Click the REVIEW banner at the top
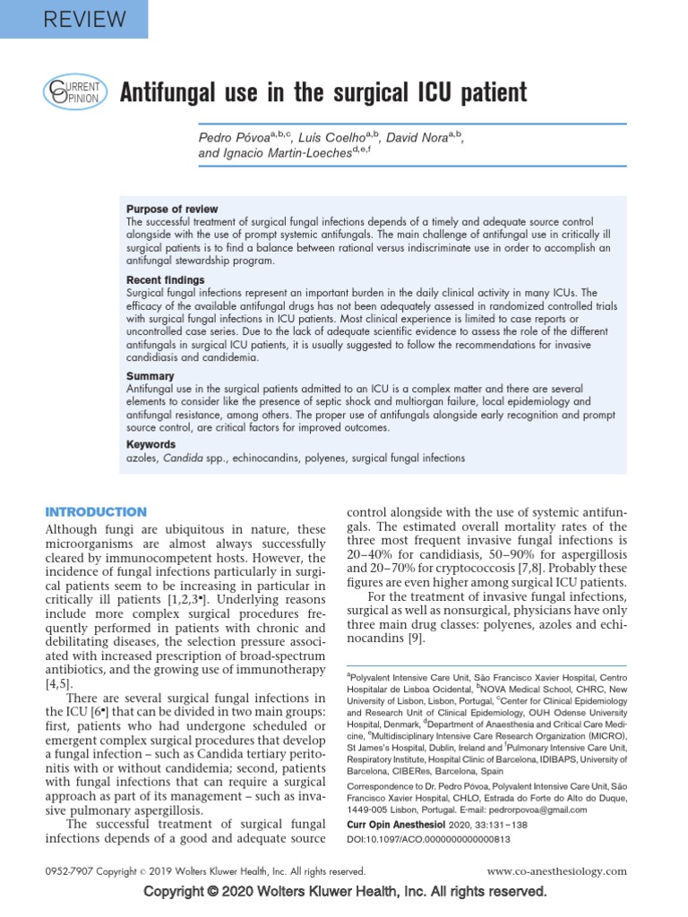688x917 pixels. (x=73, y=18)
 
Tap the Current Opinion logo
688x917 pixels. (x=75, y=93)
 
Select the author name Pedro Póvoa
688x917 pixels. (x=231, y=139)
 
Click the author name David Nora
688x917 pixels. (x=422, y=139)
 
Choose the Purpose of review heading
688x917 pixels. (x=172, y=209)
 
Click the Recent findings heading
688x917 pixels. (x=166, y=280)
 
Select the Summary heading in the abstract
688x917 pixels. (x=150, y=376)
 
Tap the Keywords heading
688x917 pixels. (x=151, y=444)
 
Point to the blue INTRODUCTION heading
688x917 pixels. (x=96, y=511)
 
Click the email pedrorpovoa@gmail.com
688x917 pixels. (x=523, y=809)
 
